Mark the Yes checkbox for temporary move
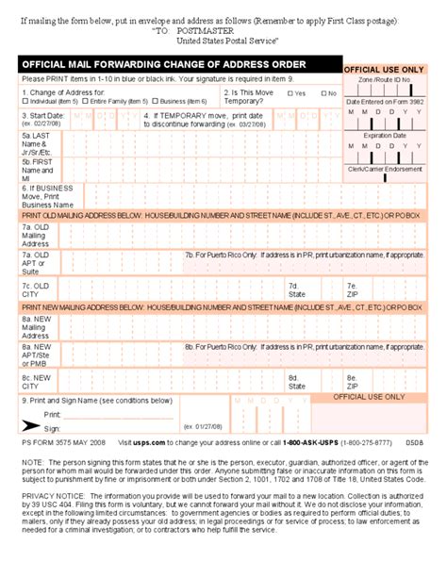[290, 93]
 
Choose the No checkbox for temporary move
[323, 93]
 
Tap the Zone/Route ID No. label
[385, 82]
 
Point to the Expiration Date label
[385, 135]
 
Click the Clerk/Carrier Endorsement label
[385, 169]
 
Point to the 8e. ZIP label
[352, 381]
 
